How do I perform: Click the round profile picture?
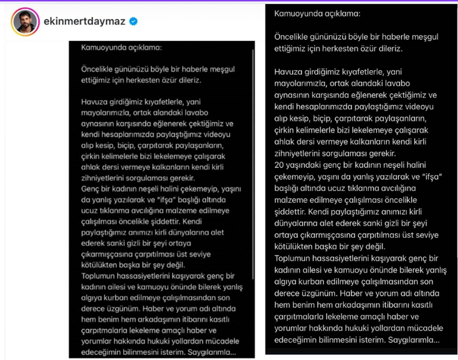coord(26,22)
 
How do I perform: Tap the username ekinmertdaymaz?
coord(84,22)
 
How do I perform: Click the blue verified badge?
coord(133,22)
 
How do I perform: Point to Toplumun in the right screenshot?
coord(292,259)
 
